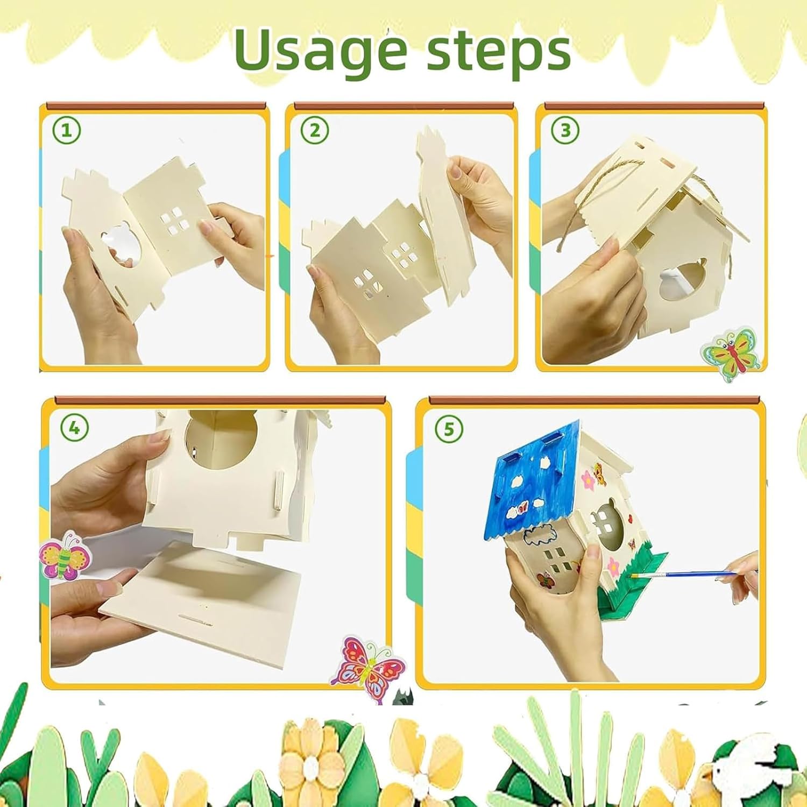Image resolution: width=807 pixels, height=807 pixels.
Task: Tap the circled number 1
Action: coord(67,130)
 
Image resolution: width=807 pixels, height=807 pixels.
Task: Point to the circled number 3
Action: coord(565,130)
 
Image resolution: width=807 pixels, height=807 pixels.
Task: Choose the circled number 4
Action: coord(74,428)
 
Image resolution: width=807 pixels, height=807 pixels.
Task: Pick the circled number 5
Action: coord(449,429)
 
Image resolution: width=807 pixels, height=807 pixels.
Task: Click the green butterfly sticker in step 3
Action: coord(731,352)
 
